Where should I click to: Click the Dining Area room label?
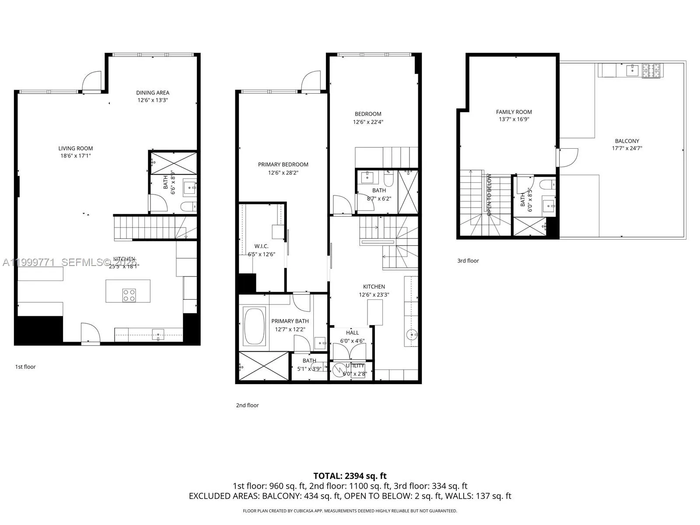tap(152, 93)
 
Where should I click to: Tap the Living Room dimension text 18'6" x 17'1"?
tap(76, 156)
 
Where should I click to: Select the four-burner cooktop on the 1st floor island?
tap(129, 295)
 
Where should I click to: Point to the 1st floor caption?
tap(25, 367)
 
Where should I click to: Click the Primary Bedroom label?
tap(283, 164)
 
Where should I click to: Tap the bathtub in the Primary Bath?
tap(254, 326)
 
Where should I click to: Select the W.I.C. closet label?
tap(261, 246)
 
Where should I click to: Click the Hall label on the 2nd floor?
tap(352, 333)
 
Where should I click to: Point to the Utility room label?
tap(355, 366)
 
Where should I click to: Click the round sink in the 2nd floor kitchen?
tap(412, 335)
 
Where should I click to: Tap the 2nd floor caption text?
tap(247, 405)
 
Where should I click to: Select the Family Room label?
tap(514, 112)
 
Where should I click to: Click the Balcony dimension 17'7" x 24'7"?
tap(626, 148)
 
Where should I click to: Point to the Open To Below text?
tap(489, 195)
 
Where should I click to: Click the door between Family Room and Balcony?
tap(567, 157)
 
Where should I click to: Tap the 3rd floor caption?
tap(468, 261)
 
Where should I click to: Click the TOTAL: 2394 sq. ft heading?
tap(350, 476)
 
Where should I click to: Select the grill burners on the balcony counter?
tap(652, 70)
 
